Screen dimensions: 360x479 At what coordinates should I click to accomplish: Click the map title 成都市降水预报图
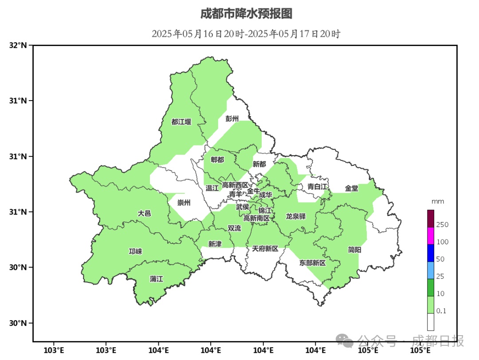246,14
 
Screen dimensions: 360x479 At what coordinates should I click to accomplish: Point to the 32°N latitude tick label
18,45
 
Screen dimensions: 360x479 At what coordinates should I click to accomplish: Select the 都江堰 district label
181,122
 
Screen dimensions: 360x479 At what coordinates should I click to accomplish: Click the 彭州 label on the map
232,118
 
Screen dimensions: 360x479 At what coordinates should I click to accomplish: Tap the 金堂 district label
352,188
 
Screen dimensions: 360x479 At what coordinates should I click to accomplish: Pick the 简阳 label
354,250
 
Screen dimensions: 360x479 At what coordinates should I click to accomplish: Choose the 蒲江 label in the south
157,279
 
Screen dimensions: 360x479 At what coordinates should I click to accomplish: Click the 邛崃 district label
135,251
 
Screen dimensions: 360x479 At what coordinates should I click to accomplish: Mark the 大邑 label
144,213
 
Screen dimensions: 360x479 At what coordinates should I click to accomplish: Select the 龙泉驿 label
296,216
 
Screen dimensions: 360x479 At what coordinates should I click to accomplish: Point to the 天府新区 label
265,249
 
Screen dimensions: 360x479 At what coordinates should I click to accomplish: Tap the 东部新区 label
313,263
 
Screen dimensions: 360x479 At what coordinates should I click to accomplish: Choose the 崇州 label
184,203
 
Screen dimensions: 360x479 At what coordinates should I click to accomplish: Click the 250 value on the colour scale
443,225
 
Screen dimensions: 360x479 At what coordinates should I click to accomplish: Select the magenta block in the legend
431,236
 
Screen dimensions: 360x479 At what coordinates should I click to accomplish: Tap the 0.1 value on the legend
441,311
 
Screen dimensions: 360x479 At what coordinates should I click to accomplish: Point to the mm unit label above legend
438,201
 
